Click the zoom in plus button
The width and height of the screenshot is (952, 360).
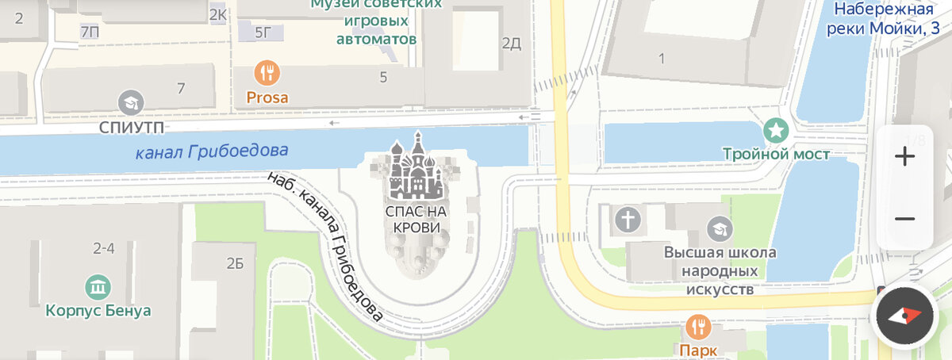click(x=904, y=156)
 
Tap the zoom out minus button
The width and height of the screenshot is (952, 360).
click(x=904, y=219)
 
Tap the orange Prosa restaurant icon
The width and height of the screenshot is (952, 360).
click(x=267, y=74)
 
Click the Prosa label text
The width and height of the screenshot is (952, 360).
click(x=267, y=98)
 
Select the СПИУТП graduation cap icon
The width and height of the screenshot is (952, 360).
click(x=130, y=102)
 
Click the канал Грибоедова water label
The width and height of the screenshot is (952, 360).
click(x=212, y=151)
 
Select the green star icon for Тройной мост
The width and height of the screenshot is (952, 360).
click(x=775, y=129)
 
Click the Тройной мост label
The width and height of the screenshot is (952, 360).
click(x=776, y=154)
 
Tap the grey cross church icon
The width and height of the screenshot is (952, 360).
click(x=628, y=220)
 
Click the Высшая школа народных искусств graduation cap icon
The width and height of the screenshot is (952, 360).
click(x=720, y=229)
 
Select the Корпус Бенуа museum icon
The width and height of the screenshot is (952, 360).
click(x=98, y=286)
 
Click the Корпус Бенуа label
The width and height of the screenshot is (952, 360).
click(x=98, y=311)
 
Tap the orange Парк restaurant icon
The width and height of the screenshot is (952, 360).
click(x=698, y=325)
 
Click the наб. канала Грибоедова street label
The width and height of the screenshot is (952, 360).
click(x=327, y=247)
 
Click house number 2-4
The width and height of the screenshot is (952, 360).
click(x=104, y=248)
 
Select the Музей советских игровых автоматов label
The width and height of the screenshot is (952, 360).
click(x=376, y=21)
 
